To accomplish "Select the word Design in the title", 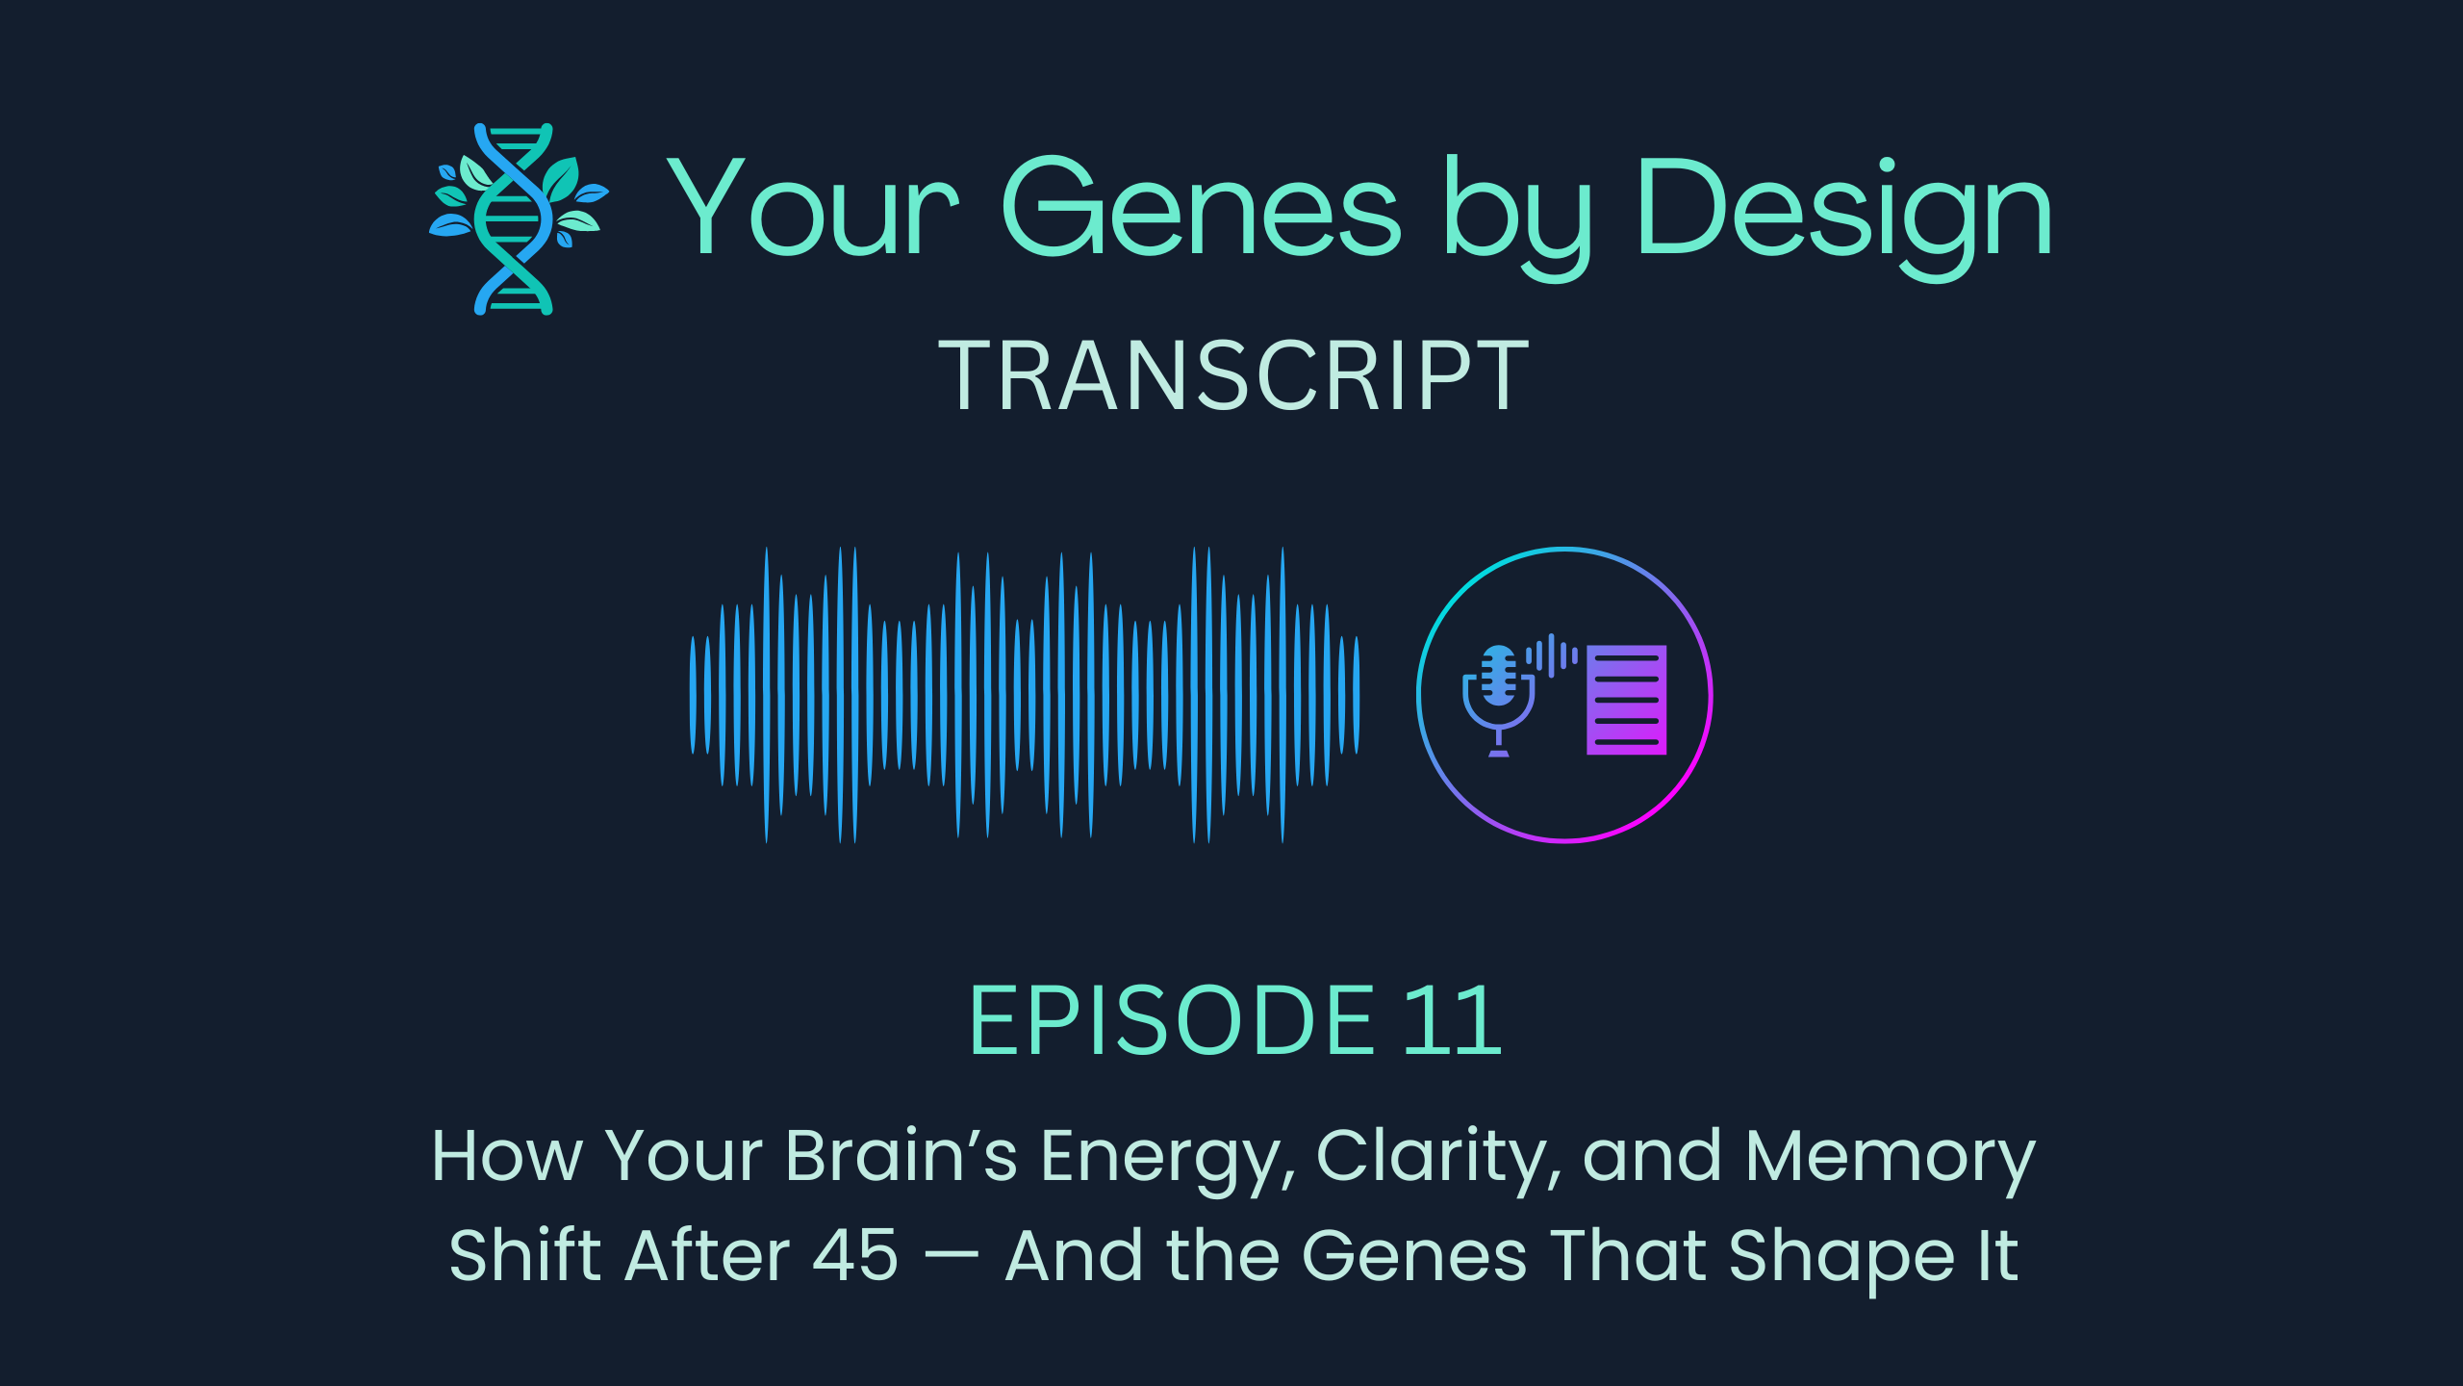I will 1843,210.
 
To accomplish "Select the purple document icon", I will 1626,700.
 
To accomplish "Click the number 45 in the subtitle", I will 854,1256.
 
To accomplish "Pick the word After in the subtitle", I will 707,1255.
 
